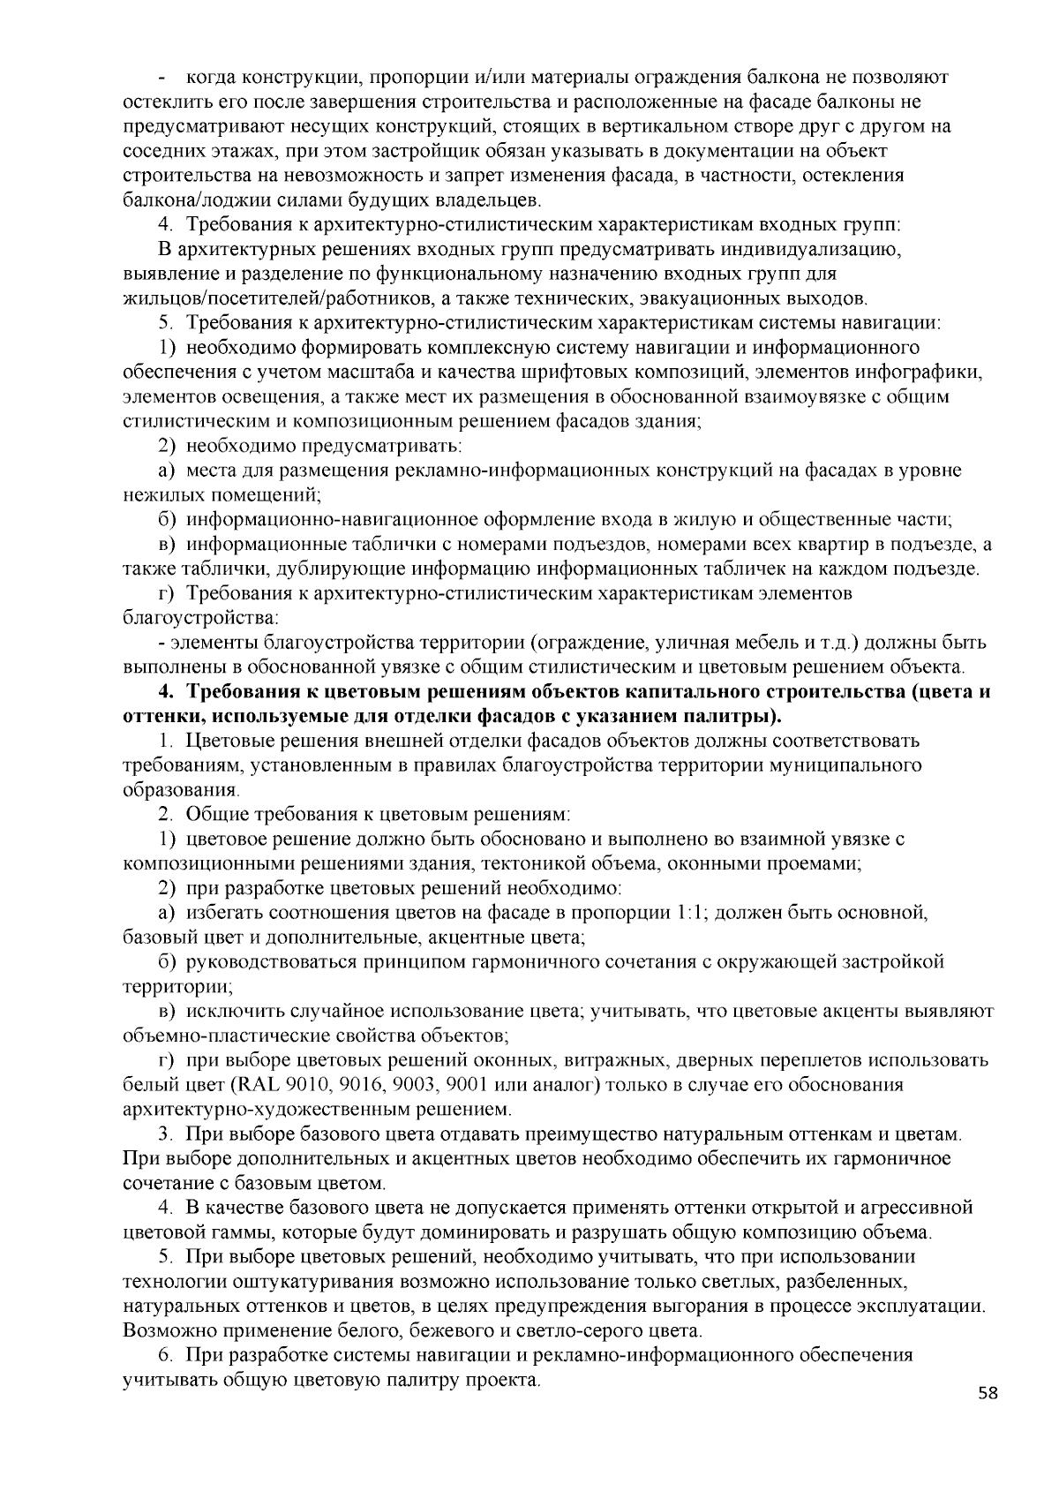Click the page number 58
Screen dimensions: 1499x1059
pos(988,1394)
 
